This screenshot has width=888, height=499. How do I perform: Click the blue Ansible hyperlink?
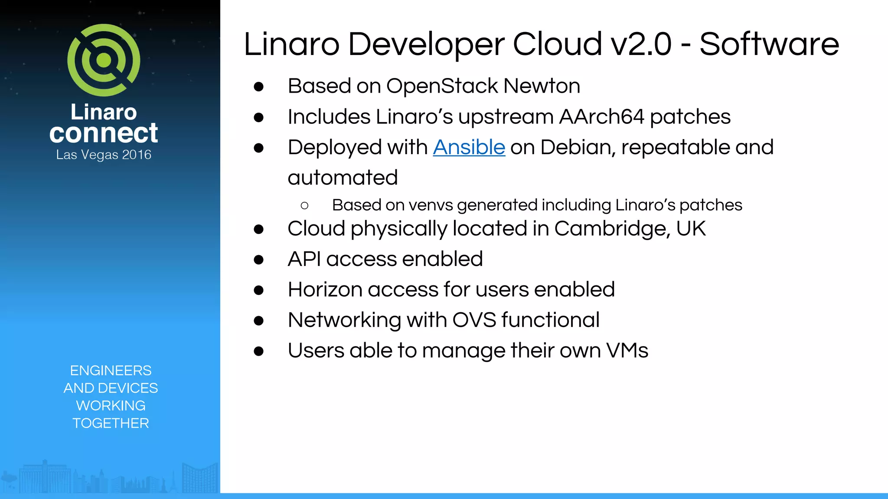point(469,147)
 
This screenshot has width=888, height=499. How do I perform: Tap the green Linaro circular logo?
point(104,60)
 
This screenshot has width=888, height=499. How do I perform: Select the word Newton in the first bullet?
point(542,86)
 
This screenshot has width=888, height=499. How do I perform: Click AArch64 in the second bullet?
point(601,117)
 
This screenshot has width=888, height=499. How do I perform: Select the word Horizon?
point(325,289)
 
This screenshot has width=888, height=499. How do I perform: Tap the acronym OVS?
point(474,320)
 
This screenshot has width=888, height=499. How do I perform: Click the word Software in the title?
point(769,44)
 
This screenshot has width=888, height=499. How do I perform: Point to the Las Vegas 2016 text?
point(104,155)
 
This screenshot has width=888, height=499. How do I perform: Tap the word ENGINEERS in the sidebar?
point(111,370)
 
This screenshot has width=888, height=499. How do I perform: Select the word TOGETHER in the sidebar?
point(111,423)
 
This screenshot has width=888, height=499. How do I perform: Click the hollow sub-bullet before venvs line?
point(304,205)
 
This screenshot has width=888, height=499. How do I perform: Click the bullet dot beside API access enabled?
point(259,259)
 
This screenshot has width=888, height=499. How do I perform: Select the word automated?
point(343,178)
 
